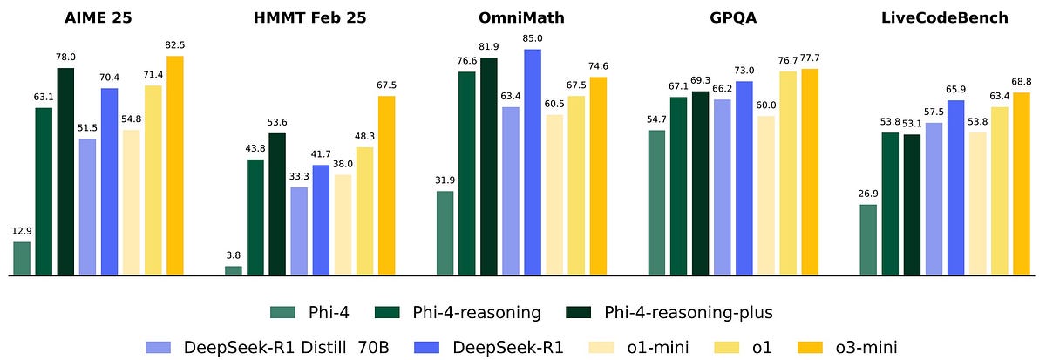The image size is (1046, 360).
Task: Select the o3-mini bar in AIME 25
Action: pyautogui.click(x=175, y=166)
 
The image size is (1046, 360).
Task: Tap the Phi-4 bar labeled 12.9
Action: pyautogui.click(x=22, y=259)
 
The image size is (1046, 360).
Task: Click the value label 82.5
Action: pyautogui.click(x=175, y=44)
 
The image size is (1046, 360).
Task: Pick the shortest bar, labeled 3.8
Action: pyautogui.click(x=234, y=271)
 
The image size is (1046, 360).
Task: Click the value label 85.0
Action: pyautogui.click(x=533, y=37)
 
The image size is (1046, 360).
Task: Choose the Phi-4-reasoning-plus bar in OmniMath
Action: pyautogui.click(x=489, y=166)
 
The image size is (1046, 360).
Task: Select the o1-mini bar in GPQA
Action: pyautogui.click(x=765, y=196)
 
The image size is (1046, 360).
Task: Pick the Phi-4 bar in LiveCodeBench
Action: pyautogui.click(x=868, y=241)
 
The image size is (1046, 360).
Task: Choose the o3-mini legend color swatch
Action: pyautogui.click(x=798, y=347)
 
